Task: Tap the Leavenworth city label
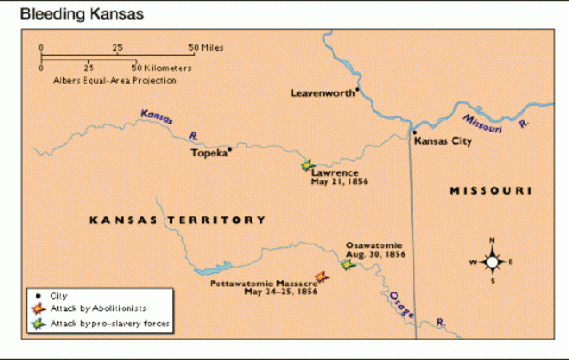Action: coord(321,92)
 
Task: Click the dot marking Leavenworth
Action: coord(357,89)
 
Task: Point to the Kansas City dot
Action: coord(413,133)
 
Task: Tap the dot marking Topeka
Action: coord(230,149)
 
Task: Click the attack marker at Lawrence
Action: coord(307,165)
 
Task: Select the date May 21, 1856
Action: coord(340,181)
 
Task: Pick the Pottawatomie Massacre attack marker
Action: coord(322,276)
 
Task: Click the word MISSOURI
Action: coord(490,191)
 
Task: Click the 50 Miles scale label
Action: coord(205,46)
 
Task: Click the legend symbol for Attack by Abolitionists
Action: coord(37,308)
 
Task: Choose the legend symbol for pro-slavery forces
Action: coord(37,324)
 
